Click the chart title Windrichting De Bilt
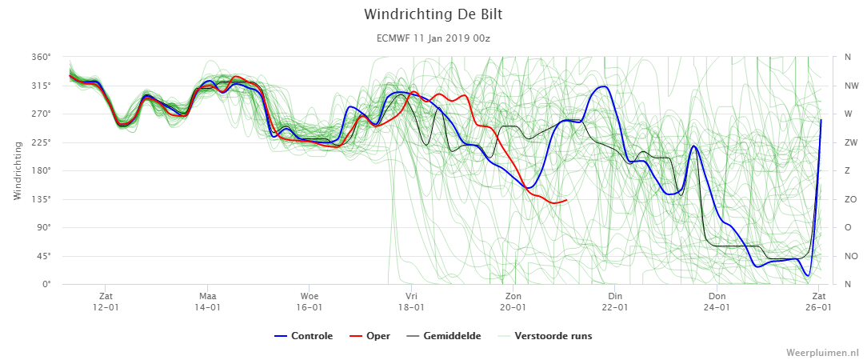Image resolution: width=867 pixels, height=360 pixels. (x=433, y=14)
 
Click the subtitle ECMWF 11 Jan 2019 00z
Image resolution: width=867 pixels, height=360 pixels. (x=433, y=38)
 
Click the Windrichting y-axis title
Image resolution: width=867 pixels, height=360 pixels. (x=17, y=170)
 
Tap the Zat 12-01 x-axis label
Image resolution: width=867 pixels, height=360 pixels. (x=106, y=302)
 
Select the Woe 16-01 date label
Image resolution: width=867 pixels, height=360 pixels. (x=310, y=302)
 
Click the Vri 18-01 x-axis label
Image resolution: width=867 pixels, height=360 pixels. (x=411, y=302)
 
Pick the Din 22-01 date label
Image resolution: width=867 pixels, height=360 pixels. (x=615, y=302)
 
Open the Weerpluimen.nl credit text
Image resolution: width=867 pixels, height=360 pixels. (x=822, y=352)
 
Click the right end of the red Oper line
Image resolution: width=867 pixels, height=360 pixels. (x=566, y=200)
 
